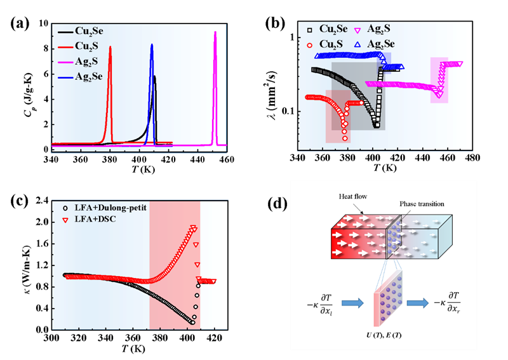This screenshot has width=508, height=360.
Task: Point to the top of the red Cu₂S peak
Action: [x=110, y=46]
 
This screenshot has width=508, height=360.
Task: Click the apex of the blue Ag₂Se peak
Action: [x=152, y=44]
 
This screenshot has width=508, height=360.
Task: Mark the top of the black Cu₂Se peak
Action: [x=155, y=77]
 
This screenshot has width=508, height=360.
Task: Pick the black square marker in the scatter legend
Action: [x=309, y=30]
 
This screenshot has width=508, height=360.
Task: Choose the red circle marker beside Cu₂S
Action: [x=309, y=44]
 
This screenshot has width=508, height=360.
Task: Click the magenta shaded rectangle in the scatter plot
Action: [x=439, y=80]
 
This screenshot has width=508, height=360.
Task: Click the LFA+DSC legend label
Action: [x=92, y=219]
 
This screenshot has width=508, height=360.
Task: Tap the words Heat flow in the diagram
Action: [x=352, y=197]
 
